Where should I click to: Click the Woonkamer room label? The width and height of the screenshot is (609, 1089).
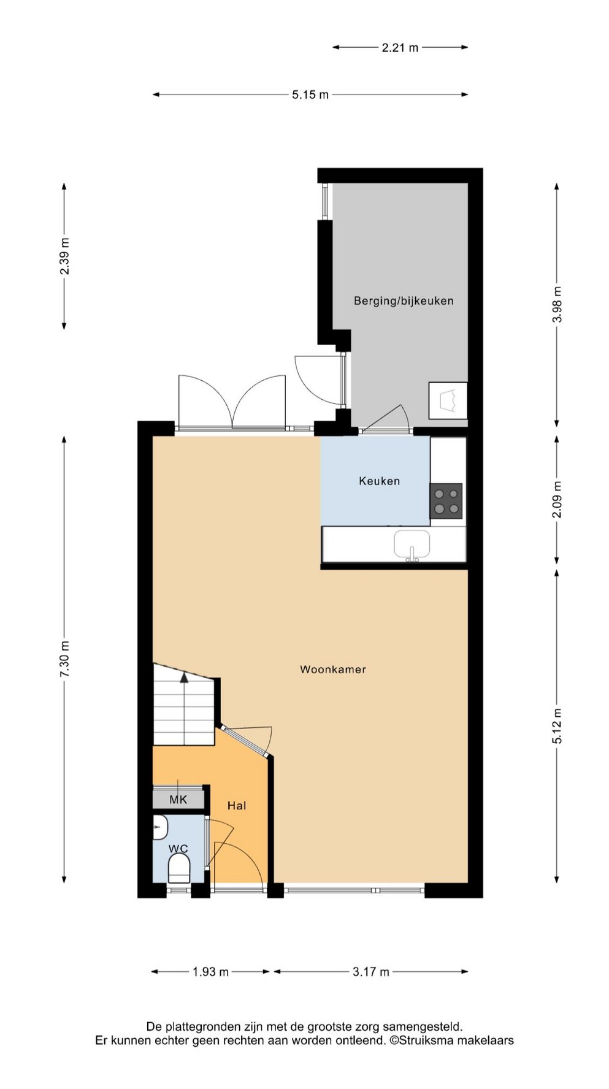coord(332,669)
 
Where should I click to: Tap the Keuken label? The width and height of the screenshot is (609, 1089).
coord(379,481)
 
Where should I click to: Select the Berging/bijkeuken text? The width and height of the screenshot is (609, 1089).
coord(404,300)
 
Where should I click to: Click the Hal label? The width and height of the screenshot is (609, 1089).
coord(237,805)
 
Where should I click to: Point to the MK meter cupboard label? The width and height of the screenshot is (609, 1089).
coord(178,800)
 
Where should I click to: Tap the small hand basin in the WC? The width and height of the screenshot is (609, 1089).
coord(160,827)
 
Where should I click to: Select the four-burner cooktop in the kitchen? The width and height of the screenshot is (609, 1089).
coord(446,501)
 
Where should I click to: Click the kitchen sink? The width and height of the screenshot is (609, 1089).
coord(412,544)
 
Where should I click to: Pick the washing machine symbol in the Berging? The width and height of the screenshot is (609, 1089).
coord(448,400)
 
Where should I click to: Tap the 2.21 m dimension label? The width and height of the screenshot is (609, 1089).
coord(400,47)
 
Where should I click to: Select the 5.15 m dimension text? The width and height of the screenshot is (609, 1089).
coord(310,94)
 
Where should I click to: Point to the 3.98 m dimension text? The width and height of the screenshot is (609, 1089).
coord(557,304)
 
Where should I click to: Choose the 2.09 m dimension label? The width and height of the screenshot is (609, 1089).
coord(557,499)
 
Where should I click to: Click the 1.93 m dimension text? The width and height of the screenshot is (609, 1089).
coord(210,972)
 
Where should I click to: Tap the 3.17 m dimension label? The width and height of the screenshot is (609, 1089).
coord(371,972)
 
